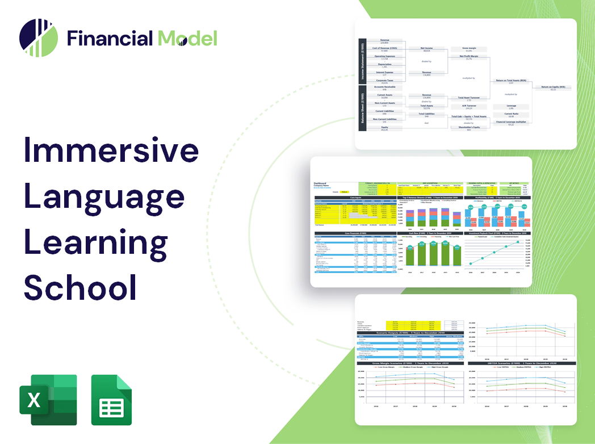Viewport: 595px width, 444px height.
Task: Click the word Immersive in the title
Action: [111, 151]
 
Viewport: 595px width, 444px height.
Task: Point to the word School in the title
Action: [80, 287]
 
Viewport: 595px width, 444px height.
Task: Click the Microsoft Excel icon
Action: [48, 400]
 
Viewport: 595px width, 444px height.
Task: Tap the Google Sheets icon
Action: [111, 400]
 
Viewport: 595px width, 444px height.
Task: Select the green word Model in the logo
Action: [187, 39]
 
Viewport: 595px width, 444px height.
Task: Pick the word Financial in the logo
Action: [110, 39]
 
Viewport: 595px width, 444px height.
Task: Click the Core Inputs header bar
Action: [356, 198]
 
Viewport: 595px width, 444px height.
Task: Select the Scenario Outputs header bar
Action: [407, 333]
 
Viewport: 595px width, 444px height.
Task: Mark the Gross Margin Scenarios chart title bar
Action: [407, 363]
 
